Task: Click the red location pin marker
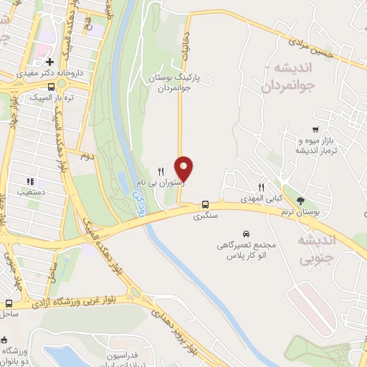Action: (x=185, y=168)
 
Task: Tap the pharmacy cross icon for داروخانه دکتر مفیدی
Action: (x=50, y=62)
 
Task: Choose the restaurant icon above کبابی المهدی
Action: (x=263, y=185)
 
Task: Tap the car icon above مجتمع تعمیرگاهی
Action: (x=247, y=234)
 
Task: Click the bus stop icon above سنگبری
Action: (x=206, y=203)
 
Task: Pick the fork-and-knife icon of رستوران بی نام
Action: (x=161, y=171)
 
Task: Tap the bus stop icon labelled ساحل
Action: (x=9, y=303)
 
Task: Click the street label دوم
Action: (x=87, y=156)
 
